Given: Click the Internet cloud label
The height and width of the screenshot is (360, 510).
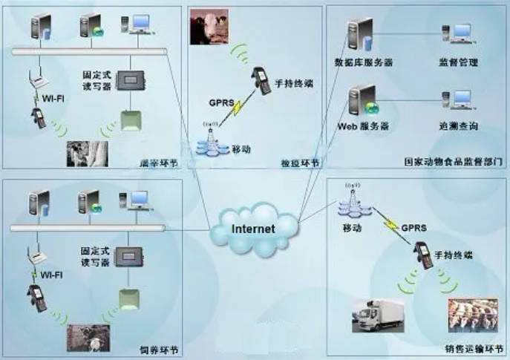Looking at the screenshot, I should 253,229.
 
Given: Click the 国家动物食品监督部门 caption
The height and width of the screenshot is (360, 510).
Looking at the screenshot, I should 454,160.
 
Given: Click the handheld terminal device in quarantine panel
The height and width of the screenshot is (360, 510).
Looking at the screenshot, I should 260,79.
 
